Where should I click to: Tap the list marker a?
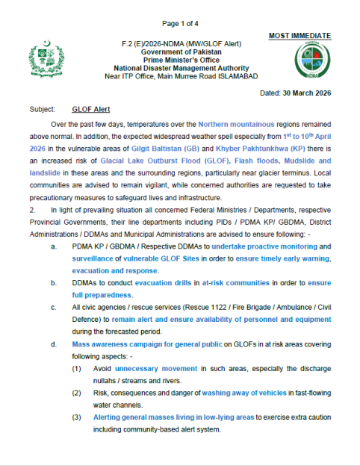tap(52, 244)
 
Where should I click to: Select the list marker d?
tap(52, 344)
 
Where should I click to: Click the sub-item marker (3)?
tap(77, 416)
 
